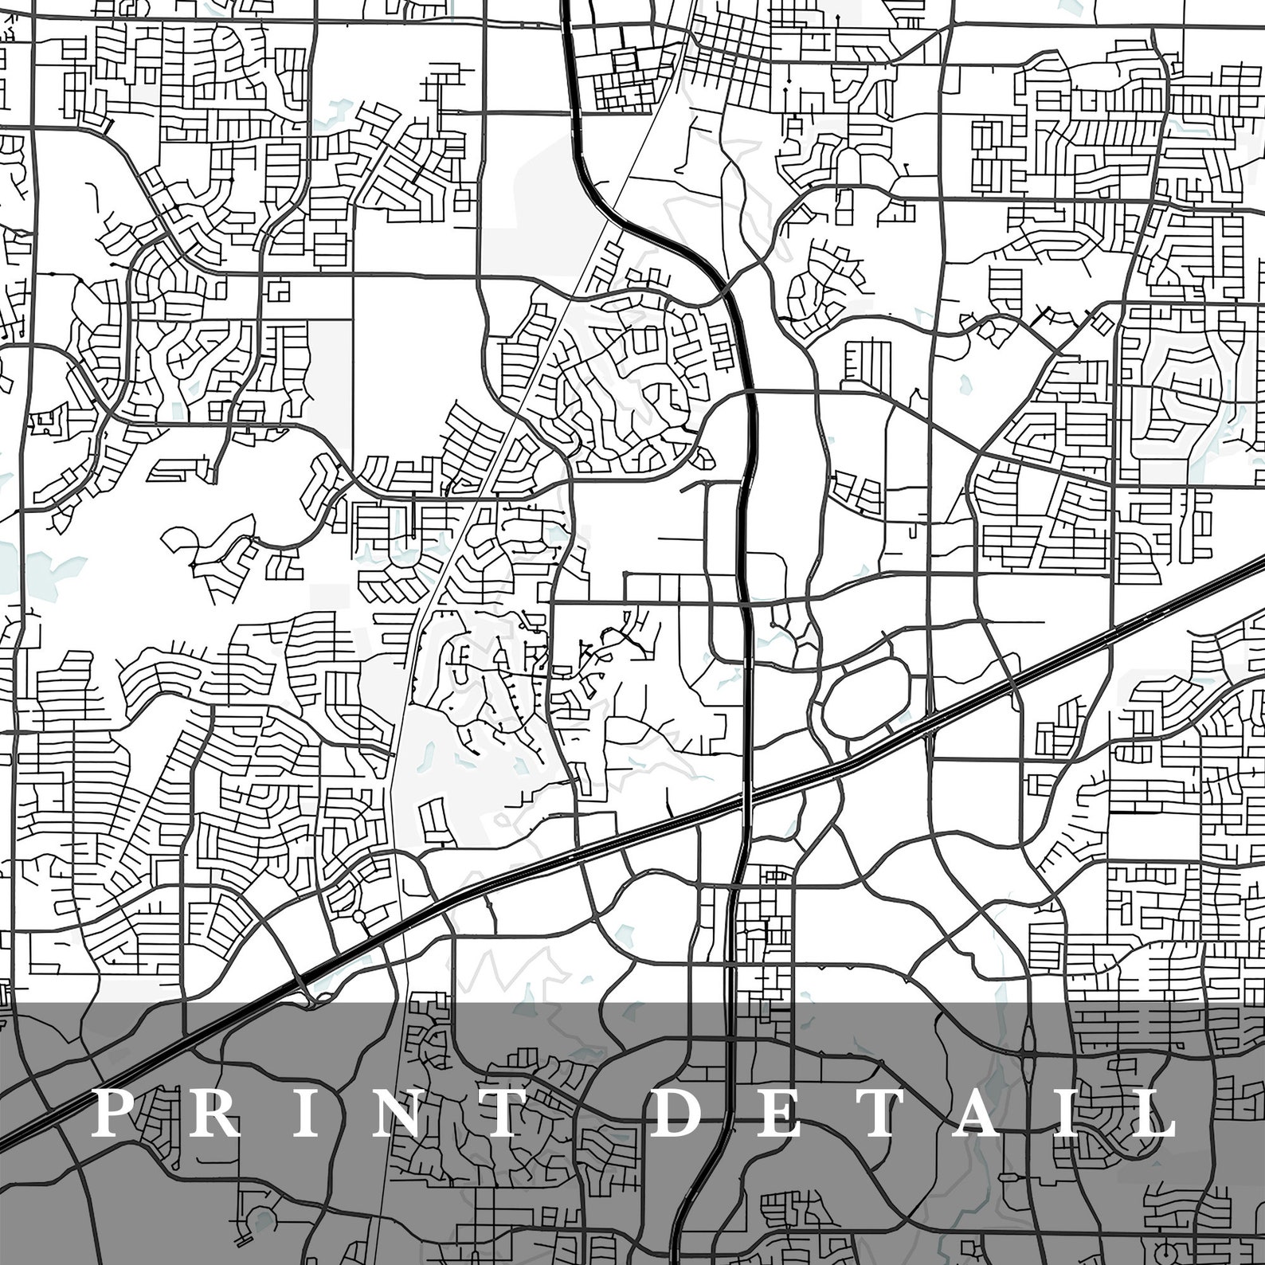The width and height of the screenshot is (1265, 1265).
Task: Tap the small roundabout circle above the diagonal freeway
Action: (358, 915)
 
